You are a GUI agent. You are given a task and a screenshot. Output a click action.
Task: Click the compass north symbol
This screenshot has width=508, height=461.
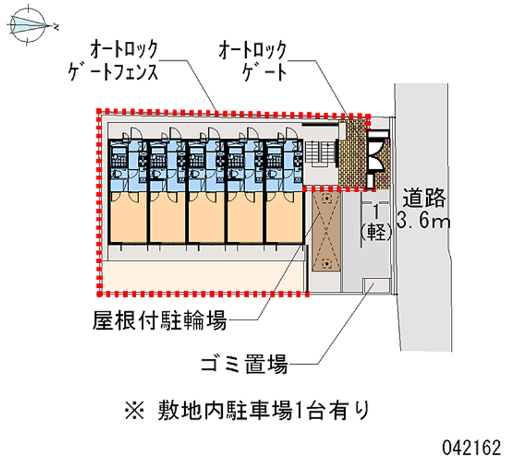[x=30, y=26]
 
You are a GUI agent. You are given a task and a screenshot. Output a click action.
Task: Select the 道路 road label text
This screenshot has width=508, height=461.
[x=424, y=199]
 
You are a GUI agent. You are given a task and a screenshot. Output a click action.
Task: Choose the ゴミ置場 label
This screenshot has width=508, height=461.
[x=244, y=365]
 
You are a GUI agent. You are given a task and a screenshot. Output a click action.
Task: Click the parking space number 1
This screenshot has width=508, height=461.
[x=378, y=211]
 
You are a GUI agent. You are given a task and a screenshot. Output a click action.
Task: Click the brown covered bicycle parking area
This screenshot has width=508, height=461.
[x=325, y=231]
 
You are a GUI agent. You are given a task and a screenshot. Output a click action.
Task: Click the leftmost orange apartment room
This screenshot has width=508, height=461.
[x=128, y=218]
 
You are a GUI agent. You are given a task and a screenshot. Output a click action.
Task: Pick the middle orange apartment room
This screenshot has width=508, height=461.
[x=206, y=218]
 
